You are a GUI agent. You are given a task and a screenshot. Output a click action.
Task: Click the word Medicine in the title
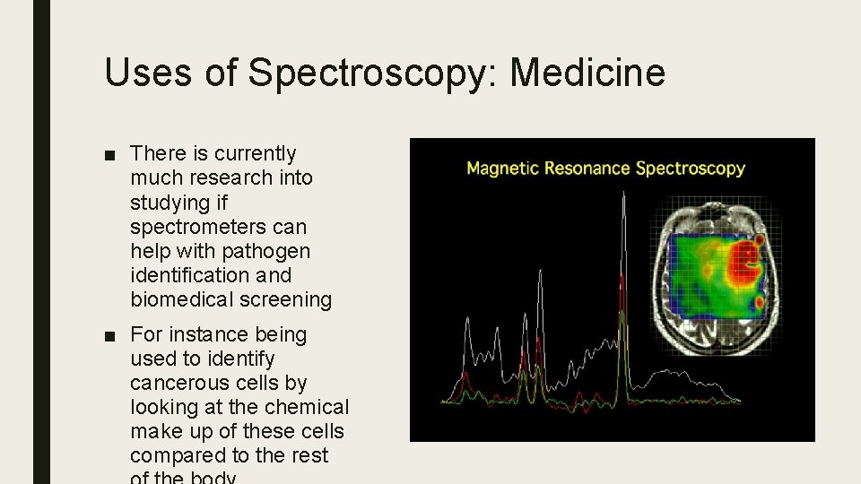click(588, 73)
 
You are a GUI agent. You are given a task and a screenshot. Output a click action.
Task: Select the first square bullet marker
click(109, 155)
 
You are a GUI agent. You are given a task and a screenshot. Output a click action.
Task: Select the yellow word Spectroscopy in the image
click(690, 169)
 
